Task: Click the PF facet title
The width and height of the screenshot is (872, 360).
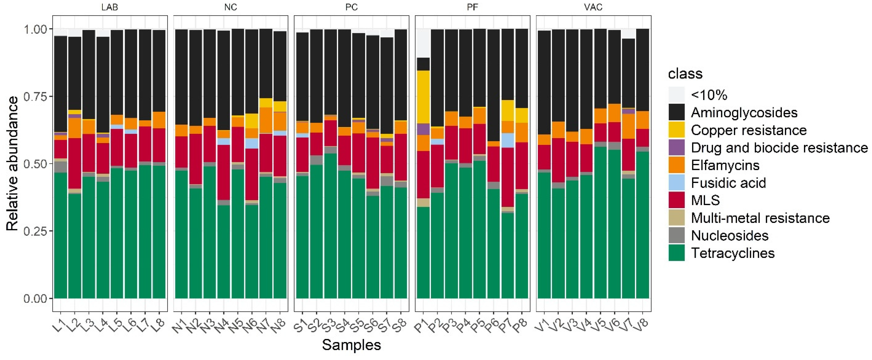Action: pos(472,7)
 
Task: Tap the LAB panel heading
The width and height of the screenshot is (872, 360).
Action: pos(110,7)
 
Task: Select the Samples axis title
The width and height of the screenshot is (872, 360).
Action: pos(351,345)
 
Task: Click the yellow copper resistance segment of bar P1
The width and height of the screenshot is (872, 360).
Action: pos(423,97)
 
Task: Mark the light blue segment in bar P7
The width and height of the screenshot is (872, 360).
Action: pos(508,140)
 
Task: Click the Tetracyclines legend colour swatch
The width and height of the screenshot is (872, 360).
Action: pos(676,253)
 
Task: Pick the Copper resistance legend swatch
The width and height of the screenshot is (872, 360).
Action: pos(676,130)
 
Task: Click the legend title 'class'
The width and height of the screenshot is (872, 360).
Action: pos(685,74)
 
